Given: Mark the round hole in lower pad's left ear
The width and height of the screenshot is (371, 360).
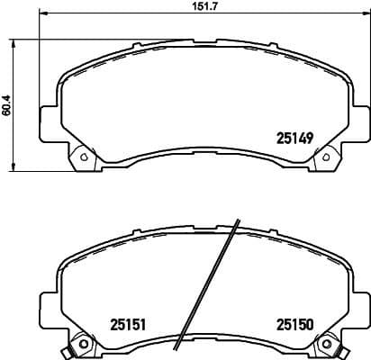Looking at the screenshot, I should click(85, 345).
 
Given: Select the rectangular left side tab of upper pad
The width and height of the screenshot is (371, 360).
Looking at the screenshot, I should click(50, 119).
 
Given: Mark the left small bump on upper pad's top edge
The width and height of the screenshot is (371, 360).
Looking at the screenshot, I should click(135, 44).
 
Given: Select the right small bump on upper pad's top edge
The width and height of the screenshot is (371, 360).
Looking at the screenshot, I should click(270, 44).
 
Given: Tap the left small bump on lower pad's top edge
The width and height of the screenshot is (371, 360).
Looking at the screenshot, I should click(135, 238).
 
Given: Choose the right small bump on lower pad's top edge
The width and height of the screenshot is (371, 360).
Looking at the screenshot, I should click(270, 238).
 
